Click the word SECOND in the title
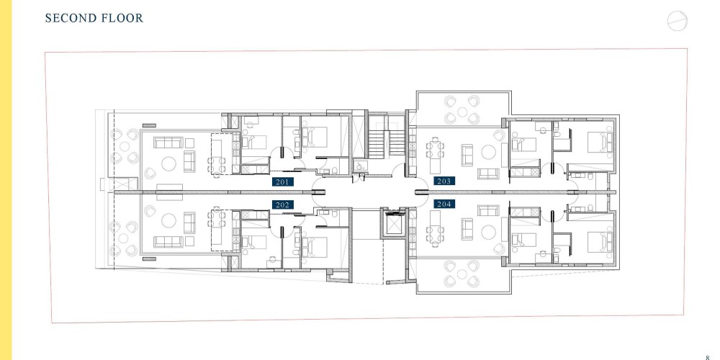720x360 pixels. (69, 18)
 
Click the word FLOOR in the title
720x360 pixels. (121, 18)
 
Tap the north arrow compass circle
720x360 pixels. (678, 21)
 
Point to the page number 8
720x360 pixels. (708, 357)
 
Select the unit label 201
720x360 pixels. (282, 182)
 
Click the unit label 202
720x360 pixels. (282, 204)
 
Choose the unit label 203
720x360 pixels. (444, 181)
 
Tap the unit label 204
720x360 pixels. (444, 204)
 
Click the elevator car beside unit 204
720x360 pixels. (394, 224)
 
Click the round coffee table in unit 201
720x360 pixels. (168, 164)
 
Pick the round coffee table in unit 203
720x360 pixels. (488, 152)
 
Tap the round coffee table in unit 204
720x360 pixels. (488, 233)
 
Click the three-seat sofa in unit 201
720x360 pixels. (168, 143)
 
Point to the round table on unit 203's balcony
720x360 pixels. (462, 112)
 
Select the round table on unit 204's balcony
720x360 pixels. (462, 274)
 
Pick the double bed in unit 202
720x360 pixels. (315, 246)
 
